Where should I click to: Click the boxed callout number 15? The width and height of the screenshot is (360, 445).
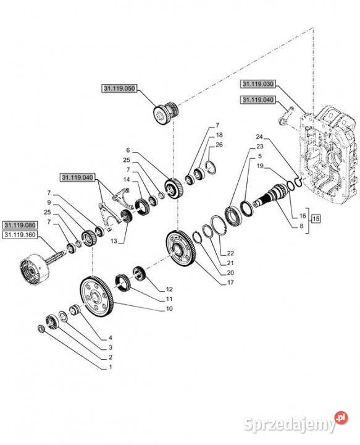point(315,218)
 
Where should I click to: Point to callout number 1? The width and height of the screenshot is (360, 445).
point(111,367)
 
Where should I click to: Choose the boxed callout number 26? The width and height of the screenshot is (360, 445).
point(219,145)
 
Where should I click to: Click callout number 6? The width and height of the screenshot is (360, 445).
point(128,150)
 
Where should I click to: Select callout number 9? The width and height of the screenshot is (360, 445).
point(48,202)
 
